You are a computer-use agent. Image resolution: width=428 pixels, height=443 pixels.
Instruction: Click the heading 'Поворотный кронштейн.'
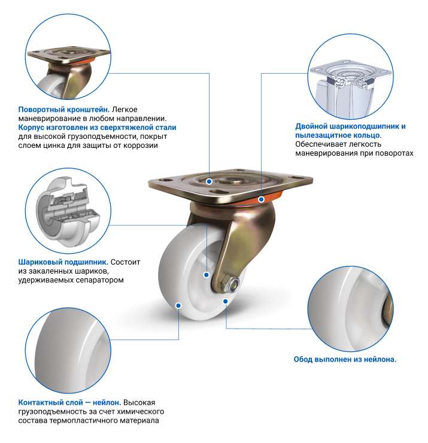[x=64, y=110]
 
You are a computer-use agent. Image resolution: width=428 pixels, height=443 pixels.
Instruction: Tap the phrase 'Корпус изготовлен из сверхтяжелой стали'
[x=97, y=128]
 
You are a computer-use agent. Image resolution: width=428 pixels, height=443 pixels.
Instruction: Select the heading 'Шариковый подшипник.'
[x=63, y=262]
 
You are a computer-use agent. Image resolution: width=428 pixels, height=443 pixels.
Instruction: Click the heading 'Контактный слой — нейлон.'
[x=69, y=402]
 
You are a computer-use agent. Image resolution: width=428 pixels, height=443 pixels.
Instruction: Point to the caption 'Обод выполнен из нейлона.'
[x=345, y=359]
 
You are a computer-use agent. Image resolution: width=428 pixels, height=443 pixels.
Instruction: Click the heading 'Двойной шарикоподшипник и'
[x=350, y=126]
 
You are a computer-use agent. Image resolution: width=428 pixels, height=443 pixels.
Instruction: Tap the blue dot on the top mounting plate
[x=209, y=181]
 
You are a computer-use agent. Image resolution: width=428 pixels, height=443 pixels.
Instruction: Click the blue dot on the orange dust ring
[x=262, y=199]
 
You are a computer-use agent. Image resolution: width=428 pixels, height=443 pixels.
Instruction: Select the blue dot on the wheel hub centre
[x=207, y=275]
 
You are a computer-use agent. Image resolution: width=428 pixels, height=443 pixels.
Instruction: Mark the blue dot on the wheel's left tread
[x=178, y=305]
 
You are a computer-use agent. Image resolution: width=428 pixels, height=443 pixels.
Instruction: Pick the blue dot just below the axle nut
[x=226, y=302]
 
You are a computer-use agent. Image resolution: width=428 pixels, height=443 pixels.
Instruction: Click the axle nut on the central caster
[x=230, y=284]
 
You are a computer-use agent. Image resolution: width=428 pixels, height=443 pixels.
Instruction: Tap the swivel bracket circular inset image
[x=68, y=57]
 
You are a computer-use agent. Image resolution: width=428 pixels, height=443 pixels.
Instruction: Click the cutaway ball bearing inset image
[x=68, y=211]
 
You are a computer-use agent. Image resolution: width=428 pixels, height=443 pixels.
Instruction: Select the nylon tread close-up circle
[x=68, y=351]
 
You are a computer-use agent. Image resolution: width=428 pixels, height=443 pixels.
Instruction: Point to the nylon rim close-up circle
[x=350, y=309]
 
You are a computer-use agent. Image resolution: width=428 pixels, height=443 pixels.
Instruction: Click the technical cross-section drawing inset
[x=350, y=76]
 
